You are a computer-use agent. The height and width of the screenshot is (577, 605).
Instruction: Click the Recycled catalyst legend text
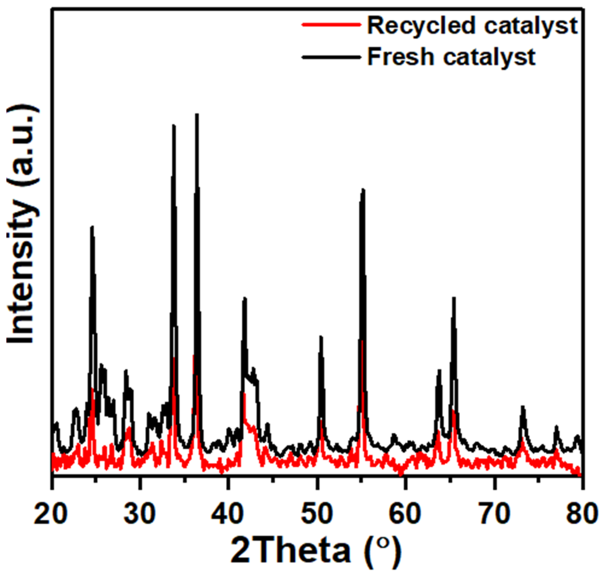click(472, 26)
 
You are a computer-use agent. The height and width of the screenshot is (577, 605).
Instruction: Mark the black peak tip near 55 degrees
click(363, 189)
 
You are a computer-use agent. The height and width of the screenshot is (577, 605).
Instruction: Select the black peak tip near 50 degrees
click(321, 337)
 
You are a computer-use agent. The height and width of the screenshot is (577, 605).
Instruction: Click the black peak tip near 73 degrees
click(523, 407)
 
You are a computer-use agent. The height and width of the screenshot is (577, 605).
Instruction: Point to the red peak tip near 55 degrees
click(362, 341)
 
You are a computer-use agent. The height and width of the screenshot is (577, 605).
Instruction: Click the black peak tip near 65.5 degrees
click(453, 298)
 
